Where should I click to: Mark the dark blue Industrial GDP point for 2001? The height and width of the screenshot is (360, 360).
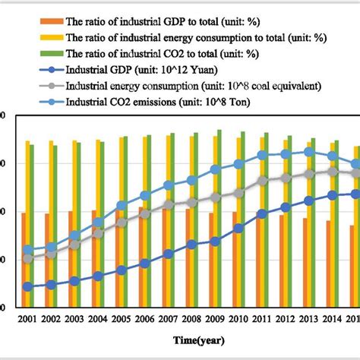click(28, 286)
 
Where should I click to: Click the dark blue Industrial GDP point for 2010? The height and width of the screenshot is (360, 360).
click(238, 228)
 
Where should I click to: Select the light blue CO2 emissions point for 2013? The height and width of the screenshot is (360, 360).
click(308, 151)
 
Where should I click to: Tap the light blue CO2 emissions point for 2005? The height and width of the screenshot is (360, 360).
click(122, 205)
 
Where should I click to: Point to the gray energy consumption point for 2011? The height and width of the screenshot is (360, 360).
click(262, 181)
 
